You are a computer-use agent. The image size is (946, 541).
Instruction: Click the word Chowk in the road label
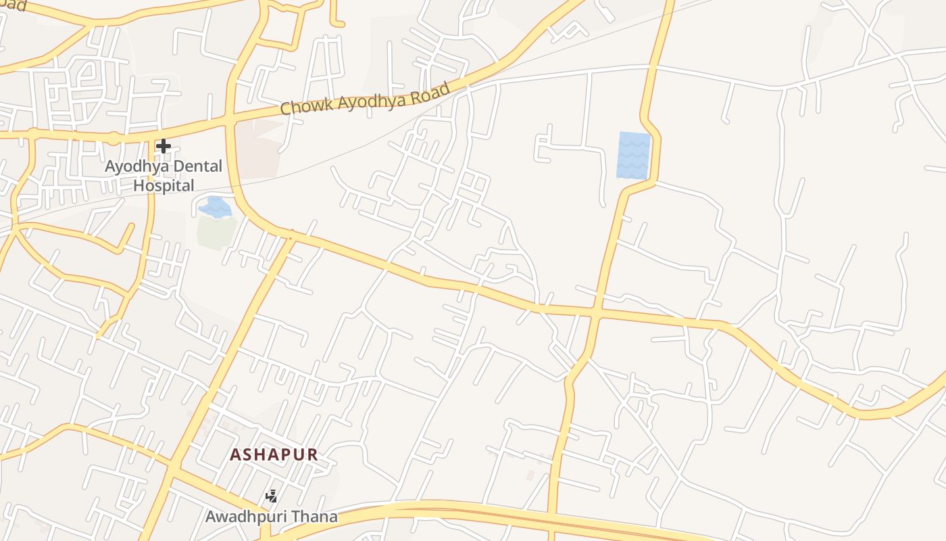coord(303,106)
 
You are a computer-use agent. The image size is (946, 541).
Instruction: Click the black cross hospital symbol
coord(163,145)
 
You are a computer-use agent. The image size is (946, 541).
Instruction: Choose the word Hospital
coord(164,185)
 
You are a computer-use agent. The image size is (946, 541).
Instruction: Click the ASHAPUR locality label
coord(274,454)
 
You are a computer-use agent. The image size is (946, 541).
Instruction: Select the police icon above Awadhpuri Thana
coord(271,497)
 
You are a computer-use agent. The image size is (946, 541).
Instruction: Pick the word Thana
coord(316,517)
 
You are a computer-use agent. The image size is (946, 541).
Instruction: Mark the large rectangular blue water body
coord(633,155)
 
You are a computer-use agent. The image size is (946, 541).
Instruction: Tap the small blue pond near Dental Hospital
coord(215,207)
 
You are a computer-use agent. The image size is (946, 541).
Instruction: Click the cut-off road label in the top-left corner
coord(14,5)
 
